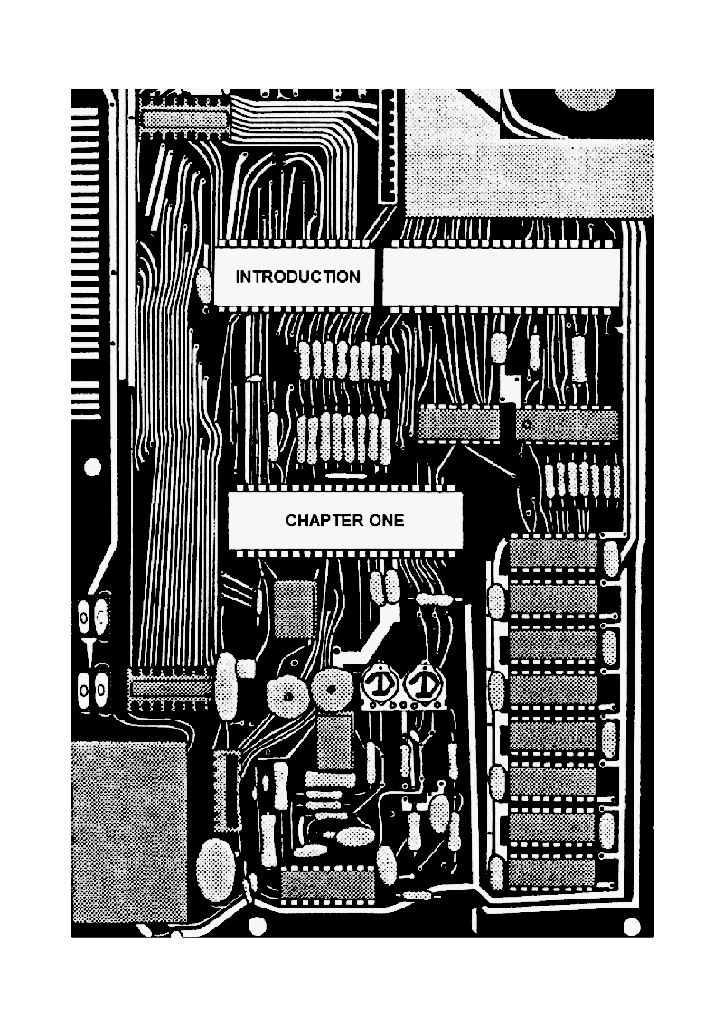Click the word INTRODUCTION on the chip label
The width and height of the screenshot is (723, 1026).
[297, 278]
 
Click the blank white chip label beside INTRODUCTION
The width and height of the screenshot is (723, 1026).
[502, 277]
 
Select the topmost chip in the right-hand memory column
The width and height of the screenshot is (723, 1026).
[553, 551]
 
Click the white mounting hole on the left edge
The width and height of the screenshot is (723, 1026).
[92, 467]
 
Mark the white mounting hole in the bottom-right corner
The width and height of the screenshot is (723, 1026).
[632, 926]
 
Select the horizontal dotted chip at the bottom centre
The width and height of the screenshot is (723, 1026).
[327, 884]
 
